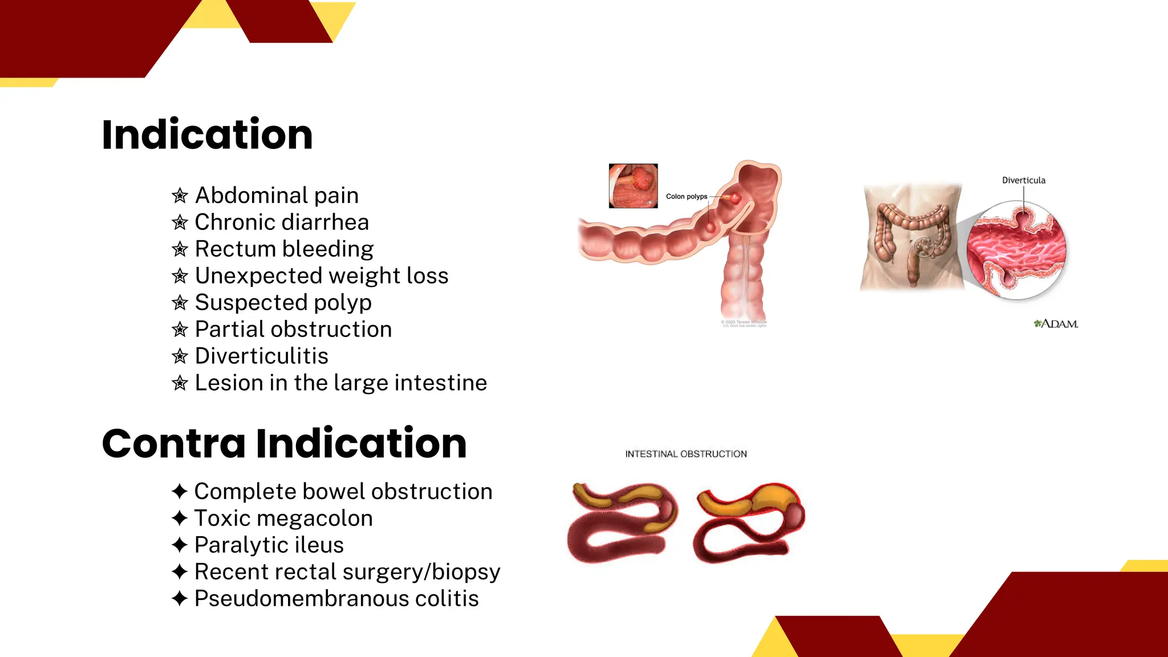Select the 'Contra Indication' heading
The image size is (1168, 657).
pyautogui.click(x=284, y=443)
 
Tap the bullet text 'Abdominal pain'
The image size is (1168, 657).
pyautogui.click(x=277, y=196)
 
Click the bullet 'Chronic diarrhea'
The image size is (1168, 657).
pyautogui.click(x=282, y=222)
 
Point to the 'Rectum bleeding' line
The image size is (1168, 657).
pyautogui.click(x=284, y=249)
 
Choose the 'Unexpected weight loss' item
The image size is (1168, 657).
pyautogui.click(x=322, y=276)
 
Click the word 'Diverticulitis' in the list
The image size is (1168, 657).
pyautogui.click(x=262, y=356)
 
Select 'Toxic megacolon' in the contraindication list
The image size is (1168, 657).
pyautogui.click(x=283, y=518)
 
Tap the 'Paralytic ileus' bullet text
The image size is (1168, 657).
pyautogui.click(x=269, y=545)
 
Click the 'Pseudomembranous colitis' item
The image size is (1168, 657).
pyautogui.click(x=336, y=599)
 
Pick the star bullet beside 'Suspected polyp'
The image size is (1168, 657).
pyautogui.click(x=180, y=303)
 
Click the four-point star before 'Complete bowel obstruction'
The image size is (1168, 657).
pyautogui.click(x=180, y=491)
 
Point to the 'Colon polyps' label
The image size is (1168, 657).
pyautogui.click(x=686, y=197)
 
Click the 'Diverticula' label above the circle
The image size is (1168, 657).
pyautogui.click(x=1024, y=180)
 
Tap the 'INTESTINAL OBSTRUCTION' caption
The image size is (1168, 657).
pyautogui.click(x=686, y=454)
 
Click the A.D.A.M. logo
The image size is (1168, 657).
pyautogui.click(x=1056, y=324)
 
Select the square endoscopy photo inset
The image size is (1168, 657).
pyautogui.click(x=633, y=186)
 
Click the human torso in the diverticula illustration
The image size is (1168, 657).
pyautogui.click(x=911, y=237)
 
